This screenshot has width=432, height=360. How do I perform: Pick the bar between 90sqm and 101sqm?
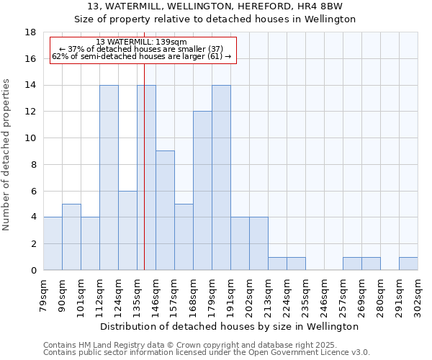[x=71, y=237]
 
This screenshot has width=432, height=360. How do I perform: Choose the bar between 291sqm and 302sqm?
[x=408, y=264]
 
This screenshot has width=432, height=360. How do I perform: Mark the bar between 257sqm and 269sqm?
[x=352, y=264]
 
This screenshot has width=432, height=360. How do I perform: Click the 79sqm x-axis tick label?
[x=44, y=294]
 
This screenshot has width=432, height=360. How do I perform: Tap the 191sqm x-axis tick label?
[x=231, y=294]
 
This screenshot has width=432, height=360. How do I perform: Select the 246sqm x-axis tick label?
[x=325, y=294]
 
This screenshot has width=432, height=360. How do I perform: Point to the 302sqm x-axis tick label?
[x=418, y=294]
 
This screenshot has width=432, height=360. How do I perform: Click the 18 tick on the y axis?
[x=30, y=32]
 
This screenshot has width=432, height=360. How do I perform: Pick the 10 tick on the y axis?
[x=30, y=138]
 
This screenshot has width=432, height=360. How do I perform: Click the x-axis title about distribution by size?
[x=230, y=327]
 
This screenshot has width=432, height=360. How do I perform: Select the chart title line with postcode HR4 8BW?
[x=215, y=7]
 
